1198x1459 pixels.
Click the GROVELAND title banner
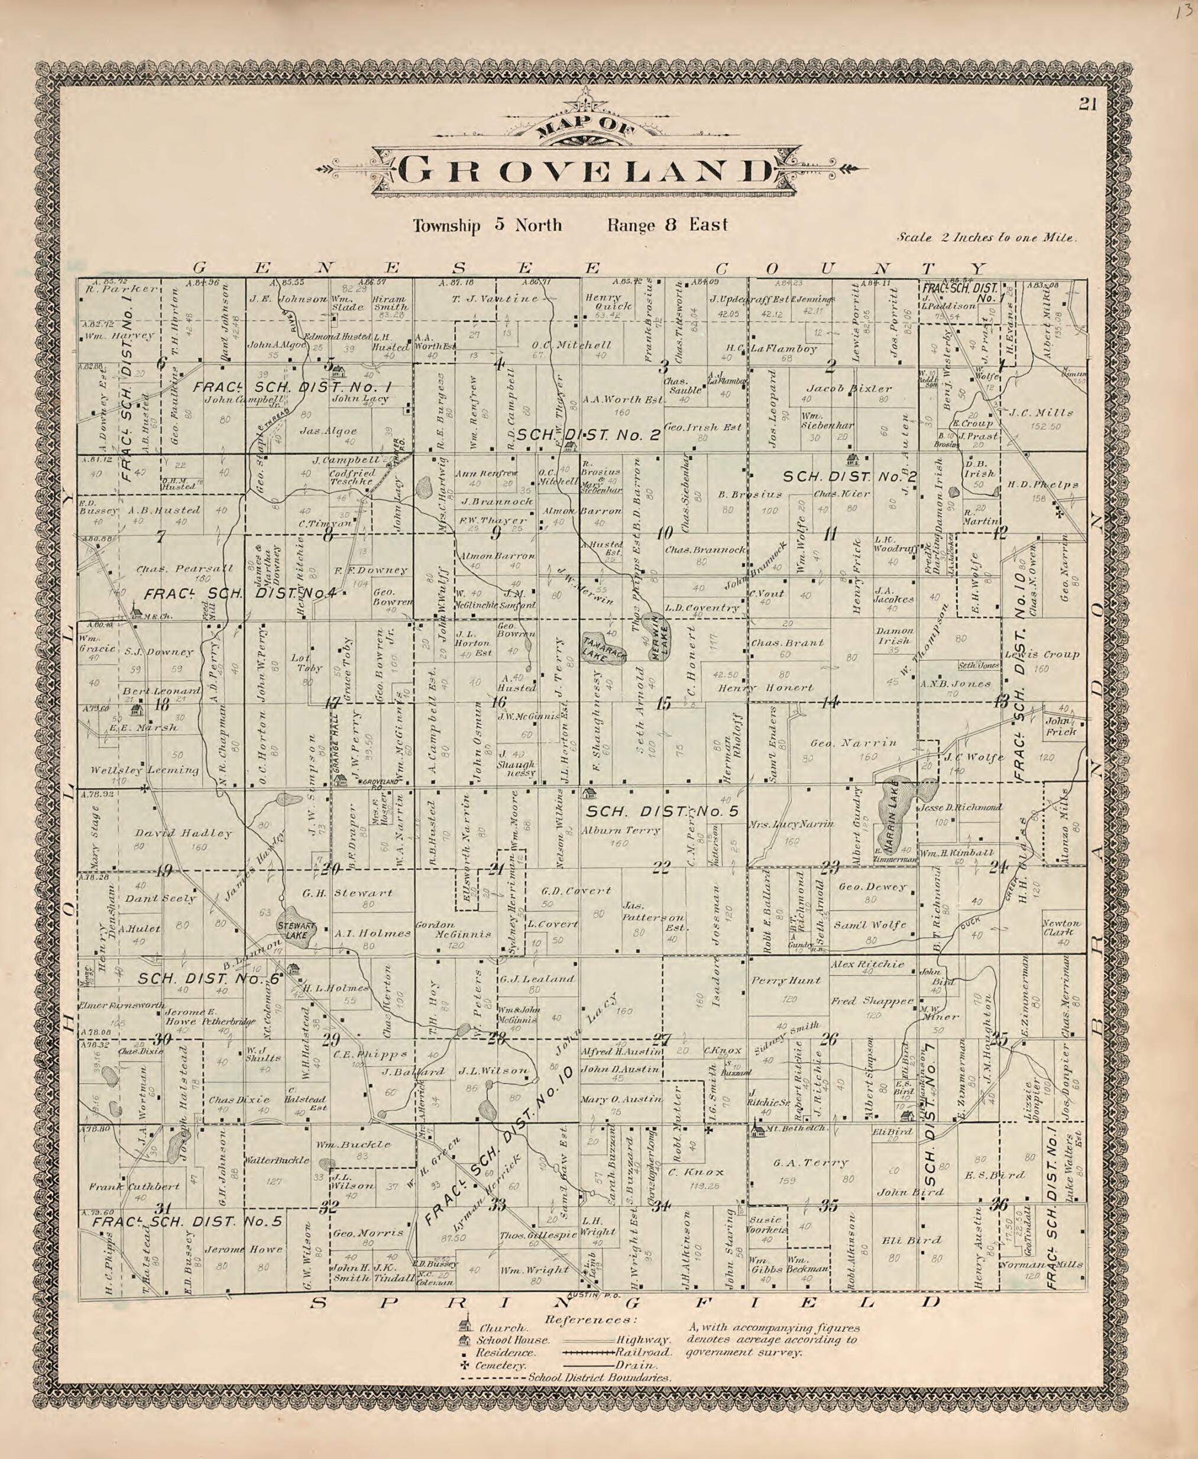pyautogui.click(x=585, y=170)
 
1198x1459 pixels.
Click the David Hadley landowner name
pyautogui.click(x=183, y=833)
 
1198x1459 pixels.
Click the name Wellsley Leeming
pyautogui.click(x=144, y=769)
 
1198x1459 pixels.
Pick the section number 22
pyautogui.click(x=661, y=869)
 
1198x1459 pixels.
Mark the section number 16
pyautogui.click(x=498, y=703)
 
